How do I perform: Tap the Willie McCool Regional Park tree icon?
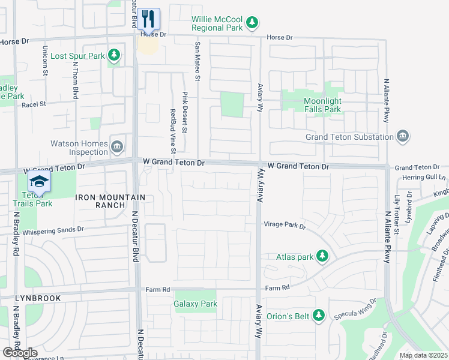(253, 23)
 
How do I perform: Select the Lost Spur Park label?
(77, 56)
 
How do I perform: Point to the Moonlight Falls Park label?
(322, 105)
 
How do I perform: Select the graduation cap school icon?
(40, 182)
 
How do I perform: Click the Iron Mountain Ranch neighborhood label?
(110, 201)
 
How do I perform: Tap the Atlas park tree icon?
(322, 257)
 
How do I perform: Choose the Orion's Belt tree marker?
(319, 315)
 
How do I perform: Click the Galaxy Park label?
(196, 304)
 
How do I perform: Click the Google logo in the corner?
(20, 353)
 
